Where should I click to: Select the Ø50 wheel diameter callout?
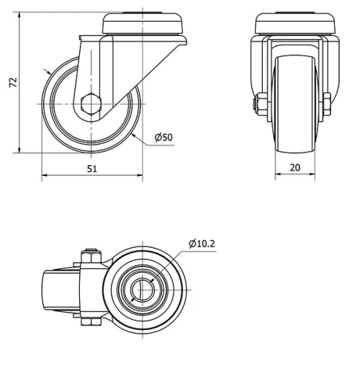pos(164,138)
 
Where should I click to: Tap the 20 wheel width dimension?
pos(293,168)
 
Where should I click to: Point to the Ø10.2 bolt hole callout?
pos(202,244)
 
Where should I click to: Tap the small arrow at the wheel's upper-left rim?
pos(49,73)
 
